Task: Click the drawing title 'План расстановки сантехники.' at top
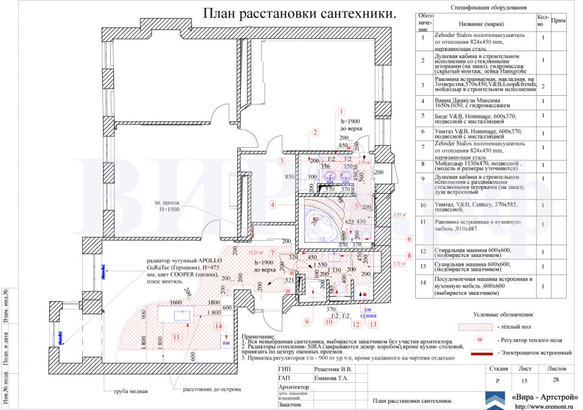coord(299,14)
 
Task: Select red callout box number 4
coord(273,204)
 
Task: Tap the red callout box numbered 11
coord(176,336)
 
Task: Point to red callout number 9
coord(307,321)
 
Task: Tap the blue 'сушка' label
coord(369,316)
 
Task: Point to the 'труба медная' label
coord(129,391)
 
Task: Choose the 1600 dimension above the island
coord(176,302)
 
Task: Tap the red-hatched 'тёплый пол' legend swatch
coord(475,327)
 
